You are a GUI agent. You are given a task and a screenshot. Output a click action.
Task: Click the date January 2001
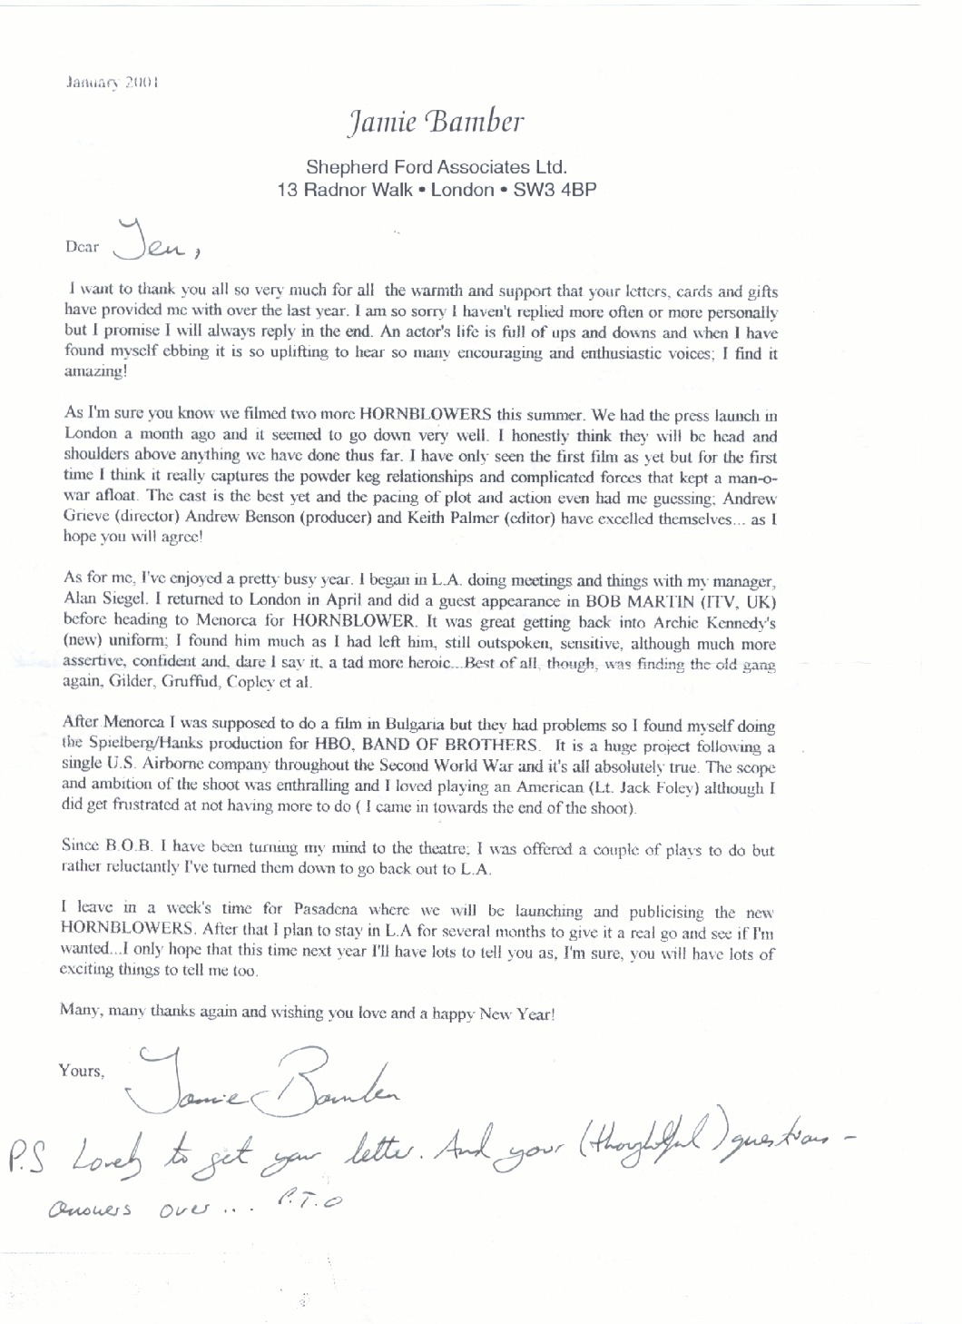[x=113, y=81]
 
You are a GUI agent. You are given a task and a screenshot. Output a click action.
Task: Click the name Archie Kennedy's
[x=723, y=622]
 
